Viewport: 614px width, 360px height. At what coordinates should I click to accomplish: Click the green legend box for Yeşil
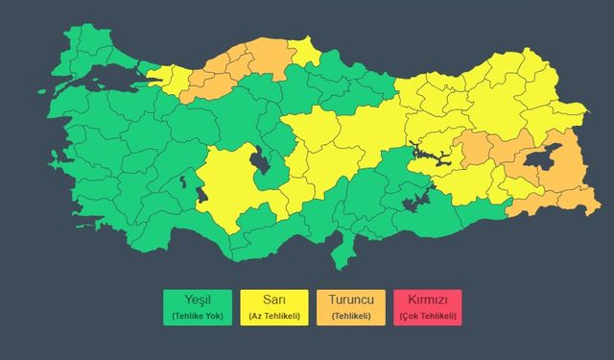(x=197, y=307)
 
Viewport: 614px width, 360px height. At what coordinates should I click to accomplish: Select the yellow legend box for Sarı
(x=273, y=307)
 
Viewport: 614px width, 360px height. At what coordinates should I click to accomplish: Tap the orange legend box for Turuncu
(x=350, y=307)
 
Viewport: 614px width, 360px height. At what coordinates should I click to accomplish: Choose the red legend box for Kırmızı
(x=427, y=307)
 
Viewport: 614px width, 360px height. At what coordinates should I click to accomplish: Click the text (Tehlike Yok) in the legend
(x=197, y=316)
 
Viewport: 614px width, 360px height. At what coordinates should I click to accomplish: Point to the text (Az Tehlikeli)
(x=273, y=316)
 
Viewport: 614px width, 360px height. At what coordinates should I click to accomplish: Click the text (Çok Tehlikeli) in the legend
(x=427, y=316)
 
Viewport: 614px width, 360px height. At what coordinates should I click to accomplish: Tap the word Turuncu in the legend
(x=350, y=300)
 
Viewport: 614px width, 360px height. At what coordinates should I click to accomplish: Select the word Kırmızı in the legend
(x=427, y=300)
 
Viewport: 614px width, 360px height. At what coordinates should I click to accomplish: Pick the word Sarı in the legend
(x=273, y=300)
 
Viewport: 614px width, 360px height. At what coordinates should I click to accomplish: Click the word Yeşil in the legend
(x=197, y=300)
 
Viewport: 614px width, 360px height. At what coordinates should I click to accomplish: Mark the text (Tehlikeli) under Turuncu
(x=350, y=316)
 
